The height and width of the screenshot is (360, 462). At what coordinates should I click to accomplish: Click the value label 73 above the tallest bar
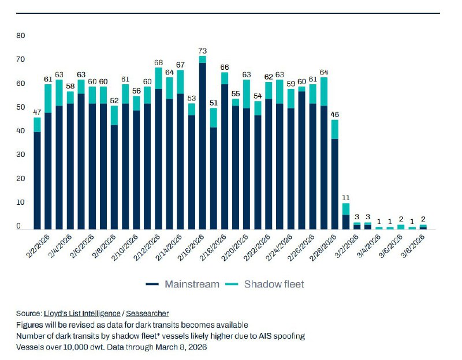[x=203, y=51]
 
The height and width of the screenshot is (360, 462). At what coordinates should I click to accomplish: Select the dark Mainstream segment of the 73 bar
[x=203, y=144]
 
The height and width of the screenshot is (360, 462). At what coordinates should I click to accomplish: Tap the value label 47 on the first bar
[x=38, y=113]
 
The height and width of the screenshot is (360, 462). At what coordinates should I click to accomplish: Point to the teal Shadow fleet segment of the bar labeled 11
[x=346, y=209]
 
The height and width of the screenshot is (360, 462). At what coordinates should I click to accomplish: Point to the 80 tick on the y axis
[x=21, y=35]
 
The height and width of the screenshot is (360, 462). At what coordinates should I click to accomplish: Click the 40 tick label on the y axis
[x=21, y=131]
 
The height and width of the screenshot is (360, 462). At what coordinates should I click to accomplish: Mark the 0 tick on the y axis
[x=19, y=226]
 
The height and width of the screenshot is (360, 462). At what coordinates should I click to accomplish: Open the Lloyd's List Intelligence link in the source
[x=83, y=313]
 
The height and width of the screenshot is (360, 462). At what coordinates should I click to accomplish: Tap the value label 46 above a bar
[x=335, y=115]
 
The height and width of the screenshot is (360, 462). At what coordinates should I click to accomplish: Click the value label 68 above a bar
[x=159, y=63]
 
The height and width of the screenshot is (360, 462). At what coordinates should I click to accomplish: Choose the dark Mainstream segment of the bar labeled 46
[x=335, y=185]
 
